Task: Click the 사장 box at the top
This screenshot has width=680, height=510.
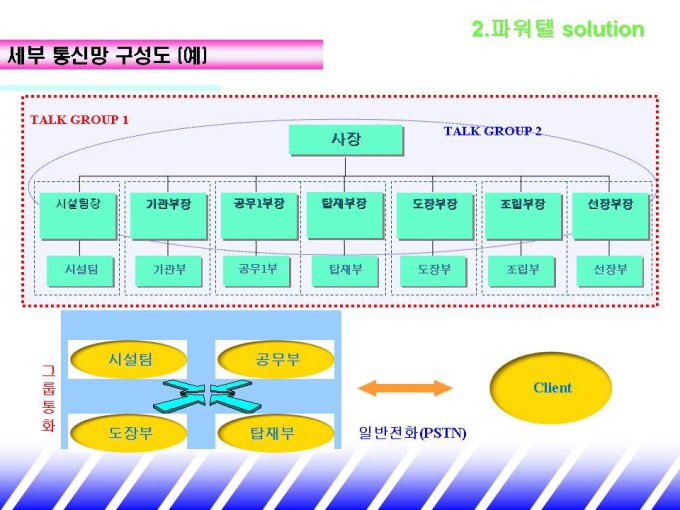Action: point(345,140)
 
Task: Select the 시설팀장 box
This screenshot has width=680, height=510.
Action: point(78,214)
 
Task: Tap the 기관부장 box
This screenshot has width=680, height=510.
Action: point(168,214)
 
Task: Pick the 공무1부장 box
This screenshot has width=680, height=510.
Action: point(254,214)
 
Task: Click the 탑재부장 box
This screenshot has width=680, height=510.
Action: point(344,214)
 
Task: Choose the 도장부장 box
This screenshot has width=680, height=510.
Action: point(434,214)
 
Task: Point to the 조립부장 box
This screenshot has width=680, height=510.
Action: point(522,214)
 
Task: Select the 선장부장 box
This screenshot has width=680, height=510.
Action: point(608,214)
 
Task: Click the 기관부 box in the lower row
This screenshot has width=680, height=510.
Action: point(168,270)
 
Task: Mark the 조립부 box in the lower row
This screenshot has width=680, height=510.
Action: point(523,270)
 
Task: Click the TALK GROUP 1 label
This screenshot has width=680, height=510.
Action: point(79,120)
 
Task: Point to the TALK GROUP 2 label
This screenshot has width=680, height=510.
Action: point(493,131)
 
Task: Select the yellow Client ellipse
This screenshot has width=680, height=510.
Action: point(551,388)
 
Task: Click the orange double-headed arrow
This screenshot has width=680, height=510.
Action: point(405,388)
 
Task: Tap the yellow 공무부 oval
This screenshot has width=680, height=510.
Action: point(275,358)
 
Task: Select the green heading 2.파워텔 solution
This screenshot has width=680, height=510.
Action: point(557,30)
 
